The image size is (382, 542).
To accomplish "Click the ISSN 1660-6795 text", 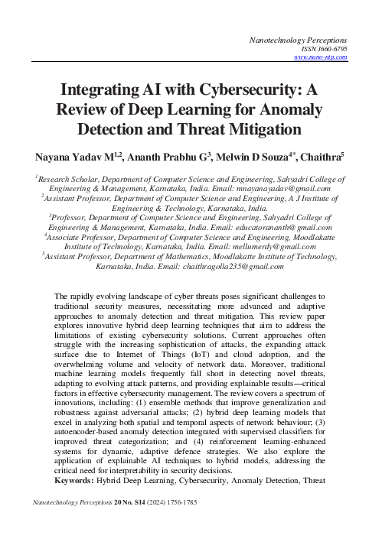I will [326, 47].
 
